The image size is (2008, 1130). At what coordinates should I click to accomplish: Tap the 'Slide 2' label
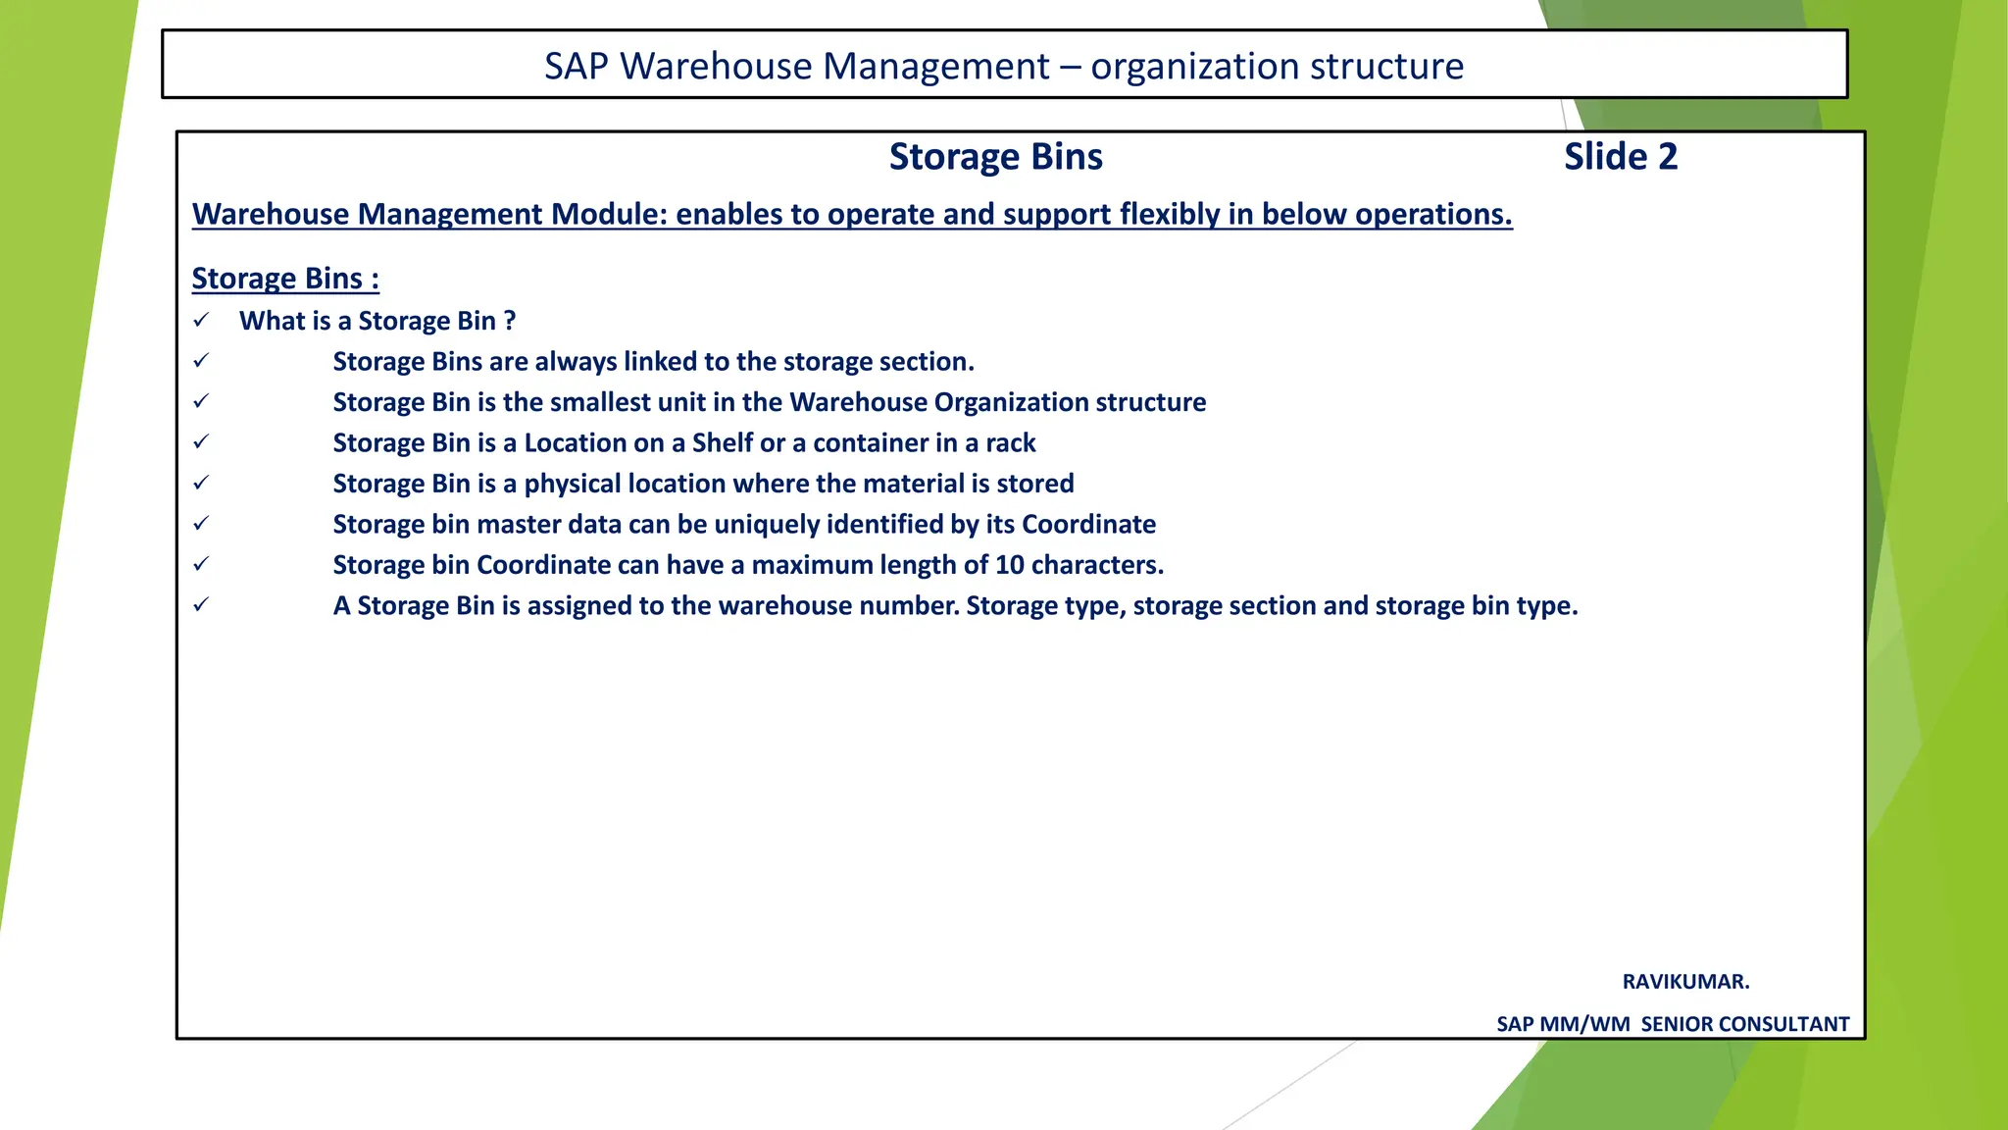click(1620, 157)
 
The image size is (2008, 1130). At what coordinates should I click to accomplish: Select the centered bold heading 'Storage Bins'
click(995, 157)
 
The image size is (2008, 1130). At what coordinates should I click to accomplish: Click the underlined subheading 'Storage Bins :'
click(285, 279)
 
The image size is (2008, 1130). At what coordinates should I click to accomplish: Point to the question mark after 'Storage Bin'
click(509, 321)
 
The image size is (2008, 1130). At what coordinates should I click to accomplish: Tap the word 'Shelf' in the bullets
click(723, 443)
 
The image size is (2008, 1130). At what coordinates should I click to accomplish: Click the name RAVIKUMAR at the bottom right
click(1684, 982)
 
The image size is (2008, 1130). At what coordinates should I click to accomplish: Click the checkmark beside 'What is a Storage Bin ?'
click(201, 321)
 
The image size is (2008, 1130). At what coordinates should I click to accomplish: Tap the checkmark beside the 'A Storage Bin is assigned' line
click(201, 605)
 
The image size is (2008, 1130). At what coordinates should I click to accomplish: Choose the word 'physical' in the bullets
click(573, 484)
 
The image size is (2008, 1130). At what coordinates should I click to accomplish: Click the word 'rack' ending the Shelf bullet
click(1010, 443)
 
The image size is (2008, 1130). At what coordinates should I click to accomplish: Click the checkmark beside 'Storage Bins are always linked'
click(201, 361)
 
